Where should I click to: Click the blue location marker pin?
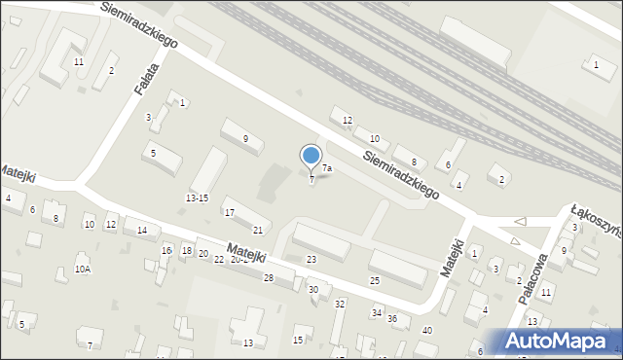(311, 157)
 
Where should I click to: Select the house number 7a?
(328, 168)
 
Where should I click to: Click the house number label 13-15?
(197, 198)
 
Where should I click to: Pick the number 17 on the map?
(230, 212)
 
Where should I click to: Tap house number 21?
(258, 230)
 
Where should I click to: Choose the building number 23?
(311, 259)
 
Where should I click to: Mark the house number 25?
(375, 280)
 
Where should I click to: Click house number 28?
(269, 278)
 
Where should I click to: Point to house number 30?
(313, 289)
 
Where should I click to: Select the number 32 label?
(340, 304)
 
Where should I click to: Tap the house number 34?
(376, 312)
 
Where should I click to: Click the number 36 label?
(392, 318)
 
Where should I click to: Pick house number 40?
(426, 330)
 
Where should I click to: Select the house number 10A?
(83, 269)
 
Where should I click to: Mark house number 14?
(142, 231)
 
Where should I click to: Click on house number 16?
(166, 250)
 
